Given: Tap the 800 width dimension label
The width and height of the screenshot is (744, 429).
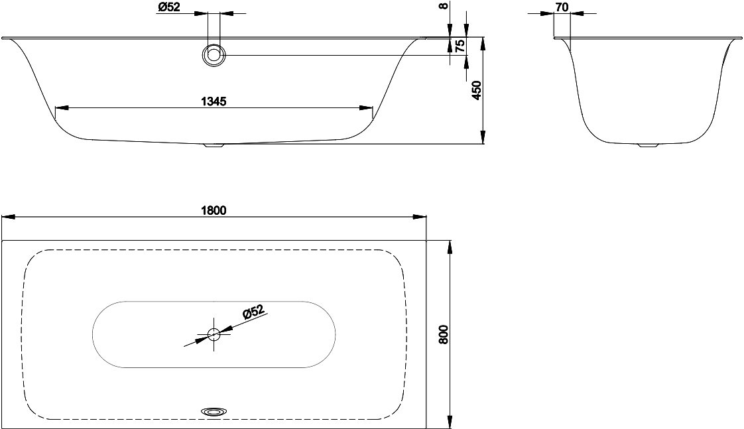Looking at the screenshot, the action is [x=444, y=335].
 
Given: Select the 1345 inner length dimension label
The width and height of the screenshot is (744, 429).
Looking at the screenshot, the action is [x=214, y=101].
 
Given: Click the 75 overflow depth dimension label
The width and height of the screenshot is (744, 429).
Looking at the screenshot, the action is [x=460, y=46].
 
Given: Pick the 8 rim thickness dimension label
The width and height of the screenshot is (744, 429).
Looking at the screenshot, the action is [x=443, y=6].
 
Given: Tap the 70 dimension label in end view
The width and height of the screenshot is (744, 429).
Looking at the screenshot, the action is [x=562, y=7].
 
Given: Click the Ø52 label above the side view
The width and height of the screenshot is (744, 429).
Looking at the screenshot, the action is [x=168, y=7].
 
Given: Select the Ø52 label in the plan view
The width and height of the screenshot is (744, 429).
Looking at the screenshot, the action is [x=253, y=313].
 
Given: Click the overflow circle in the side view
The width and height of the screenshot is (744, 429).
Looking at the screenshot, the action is [x=214, y=55].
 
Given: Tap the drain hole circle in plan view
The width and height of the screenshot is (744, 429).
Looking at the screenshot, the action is [x=214, y=334].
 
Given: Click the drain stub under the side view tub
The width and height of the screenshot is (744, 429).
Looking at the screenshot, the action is [x=214, y=145].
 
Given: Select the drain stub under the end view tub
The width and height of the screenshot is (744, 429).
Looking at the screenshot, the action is [x=647, y=145].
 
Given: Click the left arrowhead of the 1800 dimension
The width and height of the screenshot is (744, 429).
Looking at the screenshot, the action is [x=9, y=217].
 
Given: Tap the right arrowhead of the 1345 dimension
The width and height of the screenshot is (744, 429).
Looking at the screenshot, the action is [x=366, y=107].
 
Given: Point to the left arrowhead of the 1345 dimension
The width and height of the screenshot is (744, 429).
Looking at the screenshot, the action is [x=62, y=107].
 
